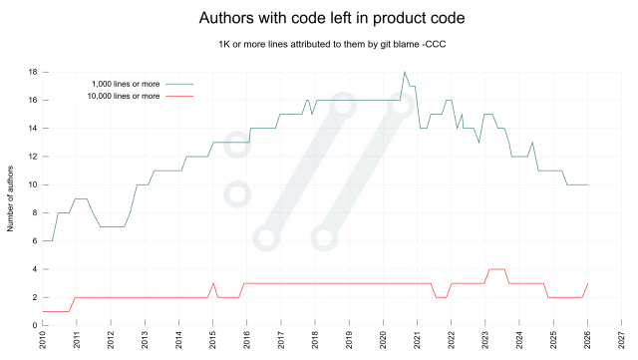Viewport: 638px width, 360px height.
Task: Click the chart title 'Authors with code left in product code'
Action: click(318, 18)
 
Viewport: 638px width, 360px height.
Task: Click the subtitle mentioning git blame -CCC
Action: click(318, 45)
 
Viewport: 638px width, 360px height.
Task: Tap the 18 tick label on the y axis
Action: click(32, 72)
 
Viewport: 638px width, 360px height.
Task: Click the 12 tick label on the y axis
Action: click(32, 157)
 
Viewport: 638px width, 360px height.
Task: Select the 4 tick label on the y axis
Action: click(34, 269)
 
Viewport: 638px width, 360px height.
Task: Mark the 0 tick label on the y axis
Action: click(34, 325)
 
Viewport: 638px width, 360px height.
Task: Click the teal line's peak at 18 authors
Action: click(404, 73)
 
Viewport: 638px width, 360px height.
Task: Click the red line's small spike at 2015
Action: click(213, 283)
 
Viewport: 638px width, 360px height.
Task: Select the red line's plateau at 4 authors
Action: click(495, 269)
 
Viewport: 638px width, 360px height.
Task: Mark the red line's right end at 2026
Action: click(587, 283)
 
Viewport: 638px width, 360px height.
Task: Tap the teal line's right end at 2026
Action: click(587, 184)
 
